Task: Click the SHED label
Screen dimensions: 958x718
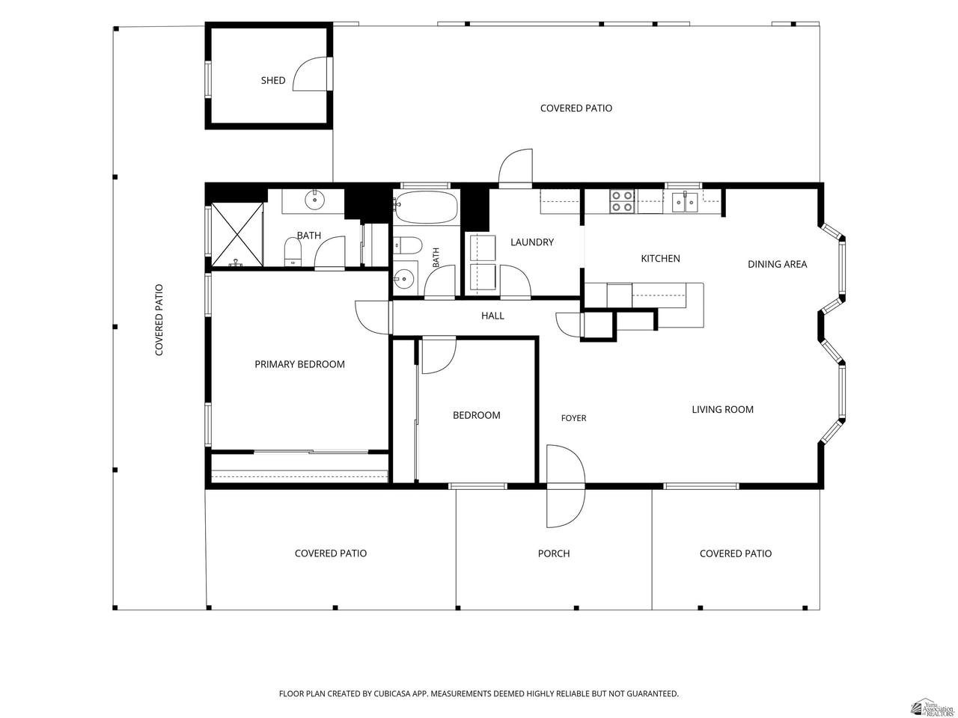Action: tap(272, 80)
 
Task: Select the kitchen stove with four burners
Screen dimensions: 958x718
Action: tap(623, 201)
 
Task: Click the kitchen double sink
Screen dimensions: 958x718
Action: tap(685, 201)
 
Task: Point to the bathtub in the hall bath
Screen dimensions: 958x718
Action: tap(426, 206)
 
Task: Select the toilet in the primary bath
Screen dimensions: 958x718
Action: tap(293, 251)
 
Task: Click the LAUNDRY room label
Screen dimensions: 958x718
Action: tap(531, 242)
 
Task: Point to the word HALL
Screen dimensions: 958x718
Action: tap(492, 316)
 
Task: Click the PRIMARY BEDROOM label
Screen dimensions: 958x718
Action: tap(299, 364)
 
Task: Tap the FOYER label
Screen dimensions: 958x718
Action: tap(573, 418)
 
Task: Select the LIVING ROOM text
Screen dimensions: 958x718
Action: tap(722, 409)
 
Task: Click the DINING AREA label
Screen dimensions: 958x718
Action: tap(777, 264)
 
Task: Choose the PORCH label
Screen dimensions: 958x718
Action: tap(553, 553)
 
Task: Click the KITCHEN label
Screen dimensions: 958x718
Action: tap(660, 259)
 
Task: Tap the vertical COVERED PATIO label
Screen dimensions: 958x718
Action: tap(159, 319)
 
